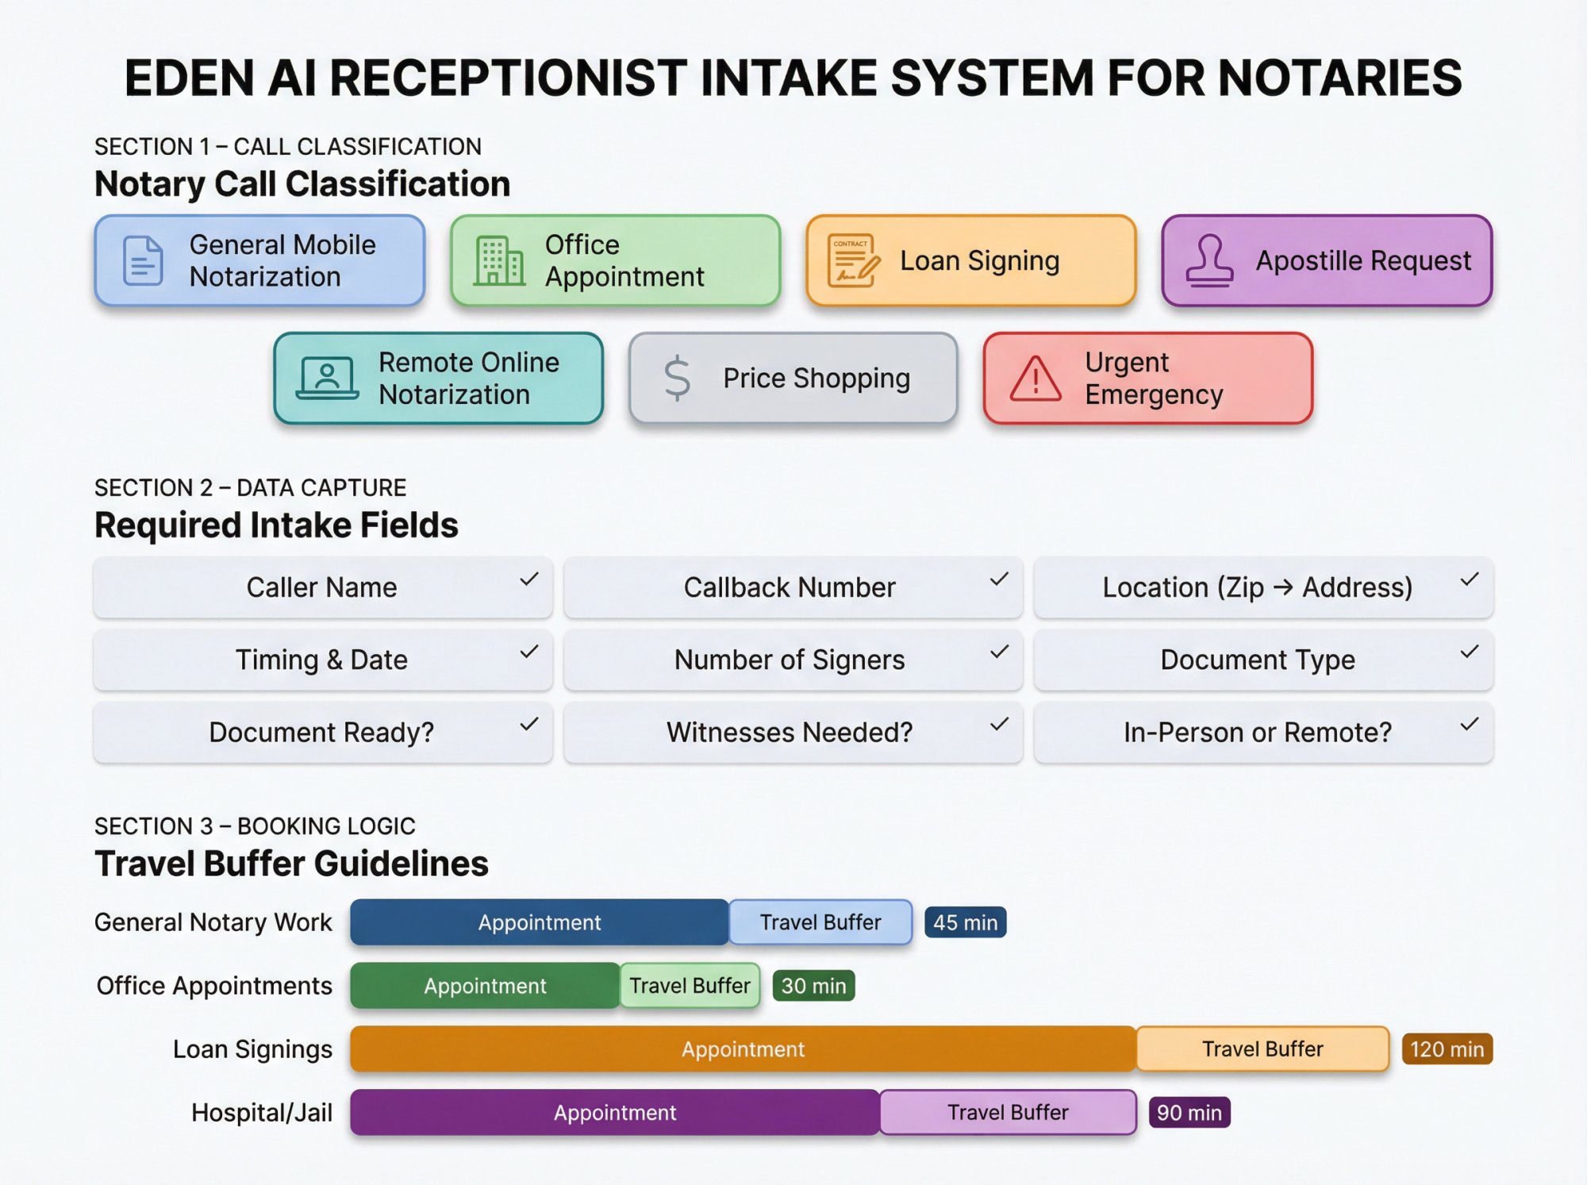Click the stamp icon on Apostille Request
1209,260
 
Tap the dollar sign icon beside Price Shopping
677,378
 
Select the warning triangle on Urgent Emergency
1035,379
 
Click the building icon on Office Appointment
499,260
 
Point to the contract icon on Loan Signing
853,260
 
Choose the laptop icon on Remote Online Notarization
327,378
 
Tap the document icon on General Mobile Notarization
143,260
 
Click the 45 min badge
965,922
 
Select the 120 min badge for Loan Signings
1447,1049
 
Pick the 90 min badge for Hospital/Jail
1189,1113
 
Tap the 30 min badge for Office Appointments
813,986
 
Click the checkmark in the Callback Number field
999,580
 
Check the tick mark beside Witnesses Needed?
999,725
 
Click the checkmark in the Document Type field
1469,652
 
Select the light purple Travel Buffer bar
1008,1113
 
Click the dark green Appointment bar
485,986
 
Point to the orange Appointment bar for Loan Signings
743,1049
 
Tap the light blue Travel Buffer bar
820,922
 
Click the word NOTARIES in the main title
1339,78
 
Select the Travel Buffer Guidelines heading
291,864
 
